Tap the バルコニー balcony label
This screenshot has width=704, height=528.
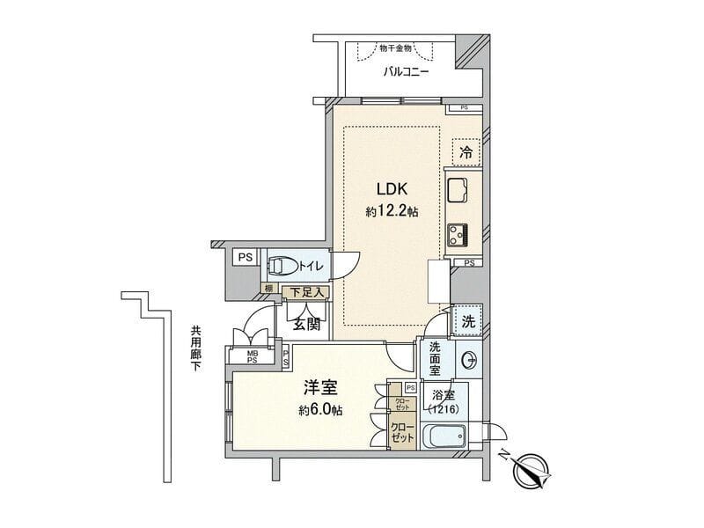[406, 72]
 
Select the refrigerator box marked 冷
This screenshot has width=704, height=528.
[466, 152]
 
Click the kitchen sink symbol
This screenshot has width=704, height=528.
[460, 188]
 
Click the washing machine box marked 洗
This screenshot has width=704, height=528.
[467, 321]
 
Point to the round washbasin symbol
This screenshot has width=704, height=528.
[470, 359]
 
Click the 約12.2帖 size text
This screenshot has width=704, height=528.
[392, 212]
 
